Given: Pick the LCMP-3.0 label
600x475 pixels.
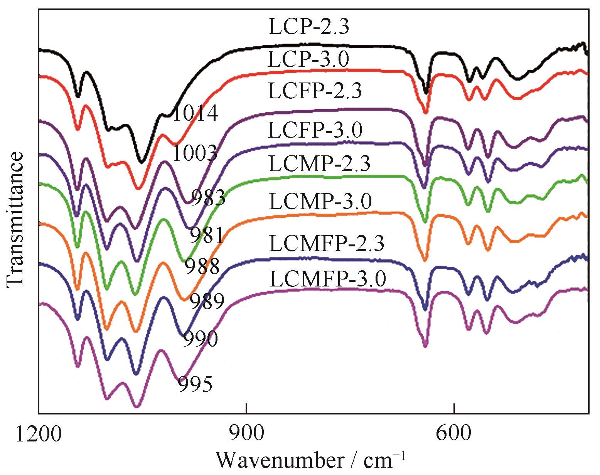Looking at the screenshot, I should [x=320, y=201].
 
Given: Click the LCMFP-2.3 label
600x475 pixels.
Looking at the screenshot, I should [x=327, y=244].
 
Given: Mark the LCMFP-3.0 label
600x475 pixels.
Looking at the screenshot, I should [x=328, y=279].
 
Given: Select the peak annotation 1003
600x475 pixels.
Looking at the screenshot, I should [x=194, y=154].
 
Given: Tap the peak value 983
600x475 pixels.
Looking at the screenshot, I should [x=208, y=198].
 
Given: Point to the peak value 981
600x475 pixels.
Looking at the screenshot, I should [x=207, y=235].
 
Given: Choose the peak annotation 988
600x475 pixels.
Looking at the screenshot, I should [x=202, y=266].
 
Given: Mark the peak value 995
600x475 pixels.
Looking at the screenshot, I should [x=195, y=384].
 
